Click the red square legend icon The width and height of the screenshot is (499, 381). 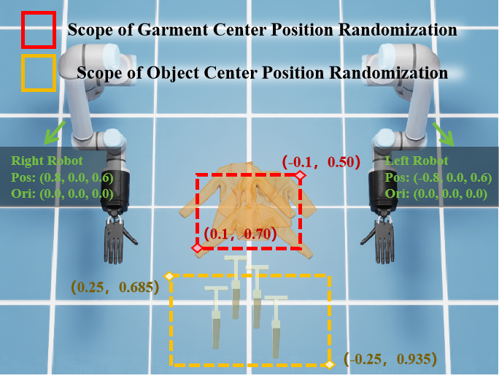pyautogui.click(x=39, y=30)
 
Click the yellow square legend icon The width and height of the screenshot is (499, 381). pyautogui.click(x=39, y=73)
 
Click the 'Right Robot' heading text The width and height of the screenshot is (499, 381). pyautogui.click(x=47, y=161)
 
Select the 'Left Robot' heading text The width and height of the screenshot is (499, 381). pyautogui.click(x=415, y=161)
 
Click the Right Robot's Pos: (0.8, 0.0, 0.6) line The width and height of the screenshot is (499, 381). pyautogui.click(x=62, y=177)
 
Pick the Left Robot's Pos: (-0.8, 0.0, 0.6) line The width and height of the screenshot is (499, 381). pyautogui.click(x=432, y=177)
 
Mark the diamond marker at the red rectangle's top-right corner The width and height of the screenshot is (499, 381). pyautogui.click(x=301, y=176)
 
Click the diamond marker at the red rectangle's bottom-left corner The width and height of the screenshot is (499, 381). pyautogui.click(x=197, y=248)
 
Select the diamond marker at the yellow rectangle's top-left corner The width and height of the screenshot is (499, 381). pyautogui.click(x=169, y=276)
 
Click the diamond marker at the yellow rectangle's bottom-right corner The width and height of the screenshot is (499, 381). pyautogui.click(x=330, y=363)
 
